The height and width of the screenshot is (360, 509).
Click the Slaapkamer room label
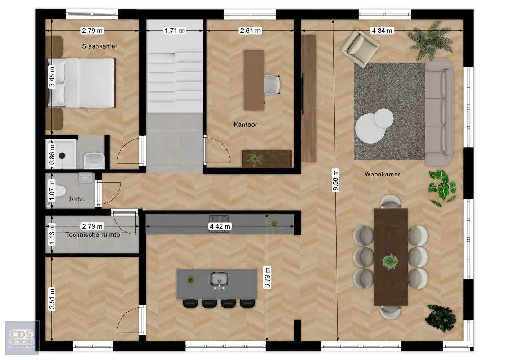point(100,46)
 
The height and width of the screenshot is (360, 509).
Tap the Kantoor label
point(245,125)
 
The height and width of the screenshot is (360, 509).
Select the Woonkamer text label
point(382,174)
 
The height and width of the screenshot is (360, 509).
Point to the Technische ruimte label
point(93,234)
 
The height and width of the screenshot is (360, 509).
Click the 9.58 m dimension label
point(335,180)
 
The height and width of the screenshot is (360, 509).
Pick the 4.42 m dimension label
point(220,226)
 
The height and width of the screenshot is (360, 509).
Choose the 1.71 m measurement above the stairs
point(175,31)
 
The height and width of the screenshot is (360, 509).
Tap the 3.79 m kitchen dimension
point(267,277)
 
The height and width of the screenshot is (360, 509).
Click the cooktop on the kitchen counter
point(219,219)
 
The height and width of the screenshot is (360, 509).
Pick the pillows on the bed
point(57,83)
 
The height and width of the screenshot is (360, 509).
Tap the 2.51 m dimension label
point(52,299)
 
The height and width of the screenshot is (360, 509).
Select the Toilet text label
point(77,199)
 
